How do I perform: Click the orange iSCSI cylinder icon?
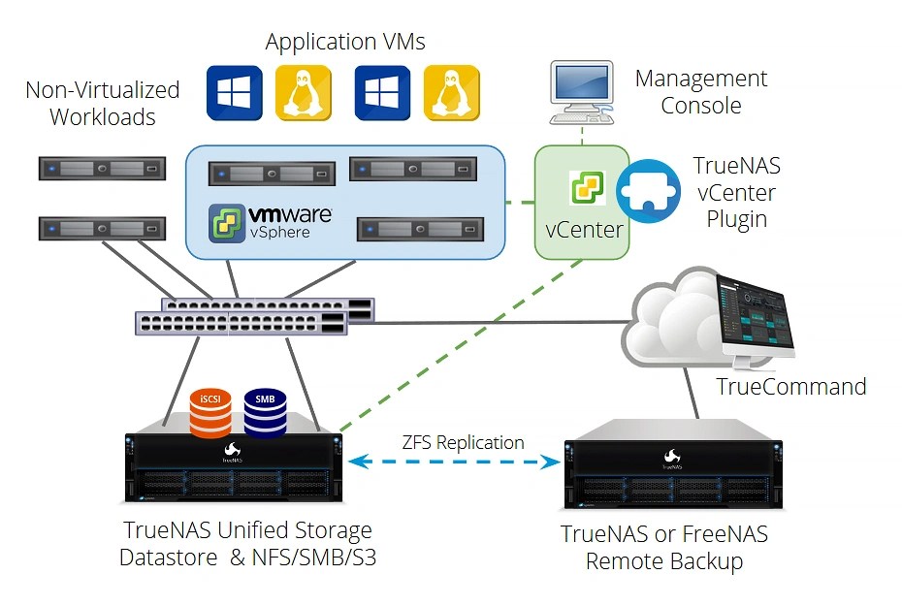point(209,414)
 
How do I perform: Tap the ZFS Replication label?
point(463,443)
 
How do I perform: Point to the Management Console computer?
point(582,92)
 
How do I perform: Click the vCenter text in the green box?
point(583,232)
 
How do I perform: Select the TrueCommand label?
point(790,387)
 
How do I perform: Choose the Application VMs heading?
point(345,42)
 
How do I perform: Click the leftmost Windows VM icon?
point(234,93)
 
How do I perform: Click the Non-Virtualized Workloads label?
point(103,103)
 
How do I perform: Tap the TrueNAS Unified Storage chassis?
point(234,464)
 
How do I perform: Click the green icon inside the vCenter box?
point(587,187)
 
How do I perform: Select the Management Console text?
point(700,91)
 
